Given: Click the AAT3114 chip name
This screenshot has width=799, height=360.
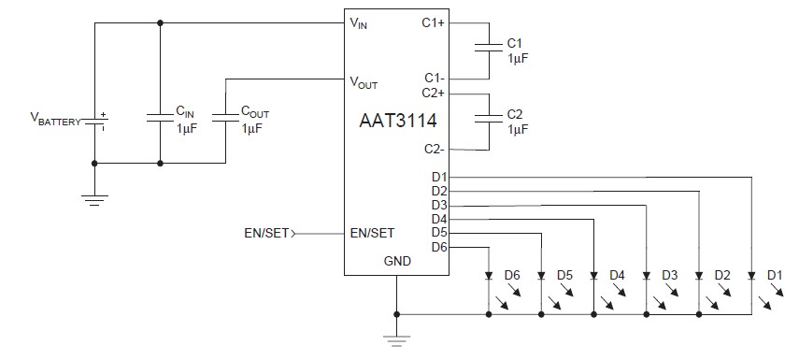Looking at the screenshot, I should click(x=396, y=122).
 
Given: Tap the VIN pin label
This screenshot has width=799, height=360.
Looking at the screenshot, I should click(x=359, y=23).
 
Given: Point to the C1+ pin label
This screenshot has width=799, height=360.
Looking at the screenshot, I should click(x=434, y=23).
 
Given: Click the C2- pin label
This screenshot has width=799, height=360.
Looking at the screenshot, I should click(x=434, y=149).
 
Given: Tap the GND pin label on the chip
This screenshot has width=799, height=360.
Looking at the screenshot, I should click(x=397, y=263).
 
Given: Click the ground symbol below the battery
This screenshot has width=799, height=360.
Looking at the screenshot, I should click(x=94, y=198).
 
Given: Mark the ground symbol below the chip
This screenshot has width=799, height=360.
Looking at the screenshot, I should click(x=397, y=341).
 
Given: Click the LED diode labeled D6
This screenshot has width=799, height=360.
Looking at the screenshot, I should click(x=488, y=277).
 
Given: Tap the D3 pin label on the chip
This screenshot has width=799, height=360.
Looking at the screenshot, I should click(x=439, y=205).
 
